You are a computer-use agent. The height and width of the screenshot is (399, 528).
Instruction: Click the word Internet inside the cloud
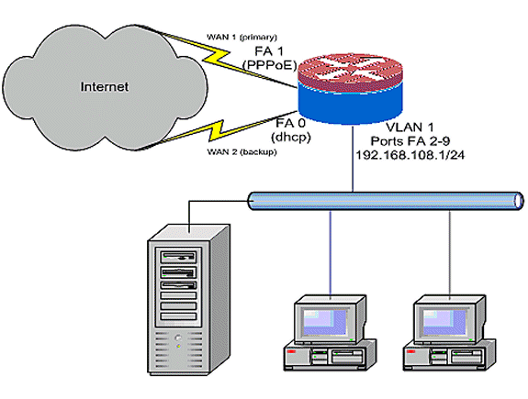pyautogui.click(x=106, y=88)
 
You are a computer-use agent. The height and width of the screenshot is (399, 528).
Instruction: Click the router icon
pyautogui.click(x=349, y=79)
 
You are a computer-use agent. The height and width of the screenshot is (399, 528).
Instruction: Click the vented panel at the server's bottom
pyautogui.click(x=178, y=353)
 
